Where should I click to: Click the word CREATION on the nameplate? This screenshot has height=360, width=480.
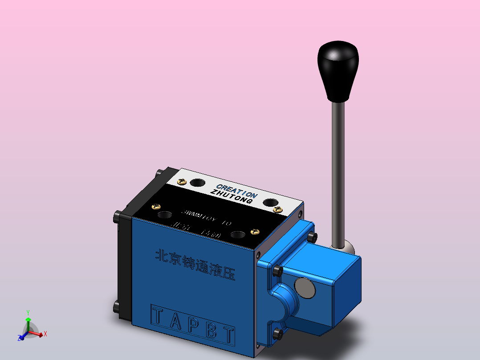[236, 191]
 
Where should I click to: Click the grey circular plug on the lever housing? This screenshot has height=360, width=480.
[305, 287]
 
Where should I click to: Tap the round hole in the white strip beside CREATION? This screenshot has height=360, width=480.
[197, 182]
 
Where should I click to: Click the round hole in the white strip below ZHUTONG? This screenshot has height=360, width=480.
[270, 203]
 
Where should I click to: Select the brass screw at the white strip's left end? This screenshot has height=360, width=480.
[181, 181]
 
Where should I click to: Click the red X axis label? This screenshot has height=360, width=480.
[45, 333]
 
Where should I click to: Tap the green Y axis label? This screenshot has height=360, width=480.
[28, 312]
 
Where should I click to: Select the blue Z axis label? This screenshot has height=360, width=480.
[20, 338]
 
